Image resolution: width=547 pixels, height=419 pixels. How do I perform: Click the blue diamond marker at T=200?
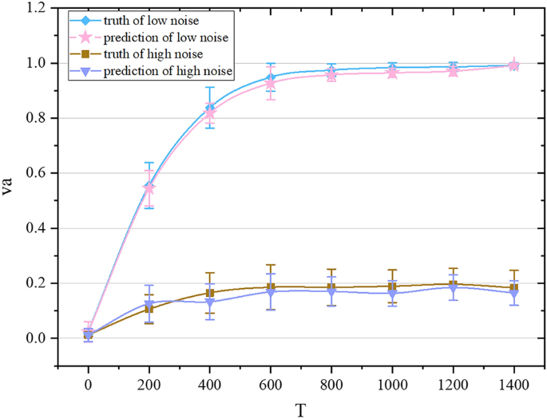pos(149,186)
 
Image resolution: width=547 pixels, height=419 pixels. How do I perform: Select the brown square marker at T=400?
pos(210,294)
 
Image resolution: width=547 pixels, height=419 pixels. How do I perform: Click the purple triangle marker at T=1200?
pos(453,288)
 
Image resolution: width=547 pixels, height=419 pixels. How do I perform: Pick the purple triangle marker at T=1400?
pos(513,294)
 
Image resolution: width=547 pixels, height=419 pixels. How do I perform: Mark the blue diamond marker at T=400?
pos(210,108)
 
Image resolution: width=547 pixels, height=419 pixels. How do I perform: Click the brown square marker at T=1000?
pos(392,287)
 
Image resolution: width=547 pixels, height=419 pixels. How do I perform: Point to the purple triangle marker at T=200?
pos(149,304)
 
